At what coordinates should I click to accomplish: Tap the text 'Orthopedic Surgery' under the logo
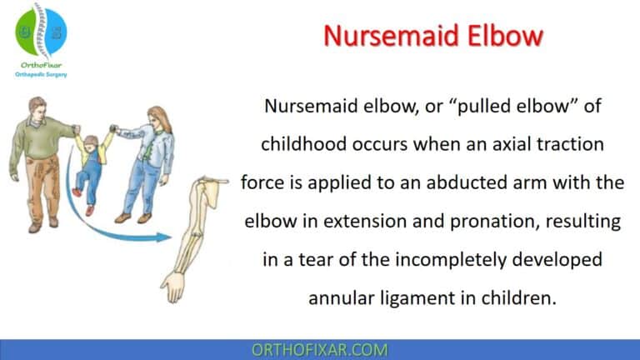pos(41,74)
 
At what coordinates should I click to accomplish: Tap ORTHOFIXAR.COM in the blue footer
pos(319,349)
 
